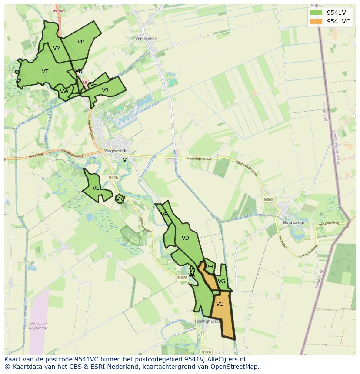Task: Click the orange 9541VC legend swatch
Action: pyautogui.click(x=316, y=21)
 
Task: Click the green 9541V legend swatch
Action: pyautogui.click(x=316, y=12)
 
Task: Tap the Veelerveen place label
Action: pyautogui.click(x=146, y=38)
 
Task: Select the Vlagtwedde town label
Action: pyautogui.click(x=115, y=151)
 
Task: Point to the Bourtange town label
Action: pyautogui.click(x=293, y=222)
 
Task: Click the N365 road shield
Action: pyautogui.click(x=268, y=199)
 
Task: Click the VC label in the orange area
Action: pyautogui.click(x=220, y=304)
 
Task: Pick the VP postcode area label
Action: pyautogui.click(x=80, y=42)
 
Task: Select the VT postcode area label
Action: pyautogui.click(x=45, y=71)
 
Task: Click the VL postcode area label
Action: pyautogui.click(x=96, y=188)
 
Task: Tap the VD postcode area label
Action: pyautogui.click(x=185, y=238)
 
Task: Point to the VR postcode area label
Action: pyautogui.click(x=105, y=90)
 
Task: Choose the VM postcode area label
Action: pyautogui.click(x=57, y=48)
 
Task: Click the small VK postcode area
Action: pyautogui.click(x=120, y=199)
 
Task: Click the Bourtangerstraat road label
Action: pyautogui.click(x=198, y=159)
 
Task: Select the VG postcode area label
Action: pyautogui.click(x=222, y=281)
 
